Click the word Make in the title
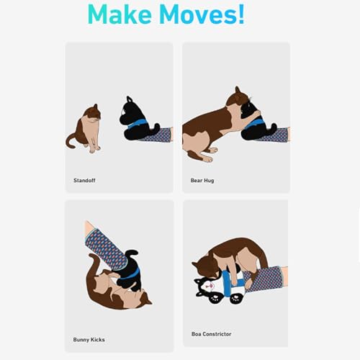pyautogui.click(x=120, y=14)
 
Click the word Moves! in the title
pyautogui.click(x=202, y=14)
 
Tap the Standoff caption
pyautogui.click(x=84, y=180)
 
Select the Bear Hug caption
pyautogui.click(x=202, y=180)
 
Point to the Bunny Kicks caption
pyautogui.click(x=89, y=340)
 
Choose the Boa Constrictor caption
pyautogui.click(x=211, y=334)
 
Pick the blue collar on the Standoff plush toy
pyautogui.click(x=138, y=124)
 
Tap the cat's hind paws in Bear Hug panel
pyautogui.click(x=209, y=154)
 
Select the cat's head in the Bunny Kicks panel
pyautogui.click(x=143, y=298)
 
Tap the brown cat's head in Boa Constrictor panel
pyautogui.click(x=204, y=266)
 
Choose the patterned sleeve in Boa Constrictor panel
pyautogui.click(x=264, y=279)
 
